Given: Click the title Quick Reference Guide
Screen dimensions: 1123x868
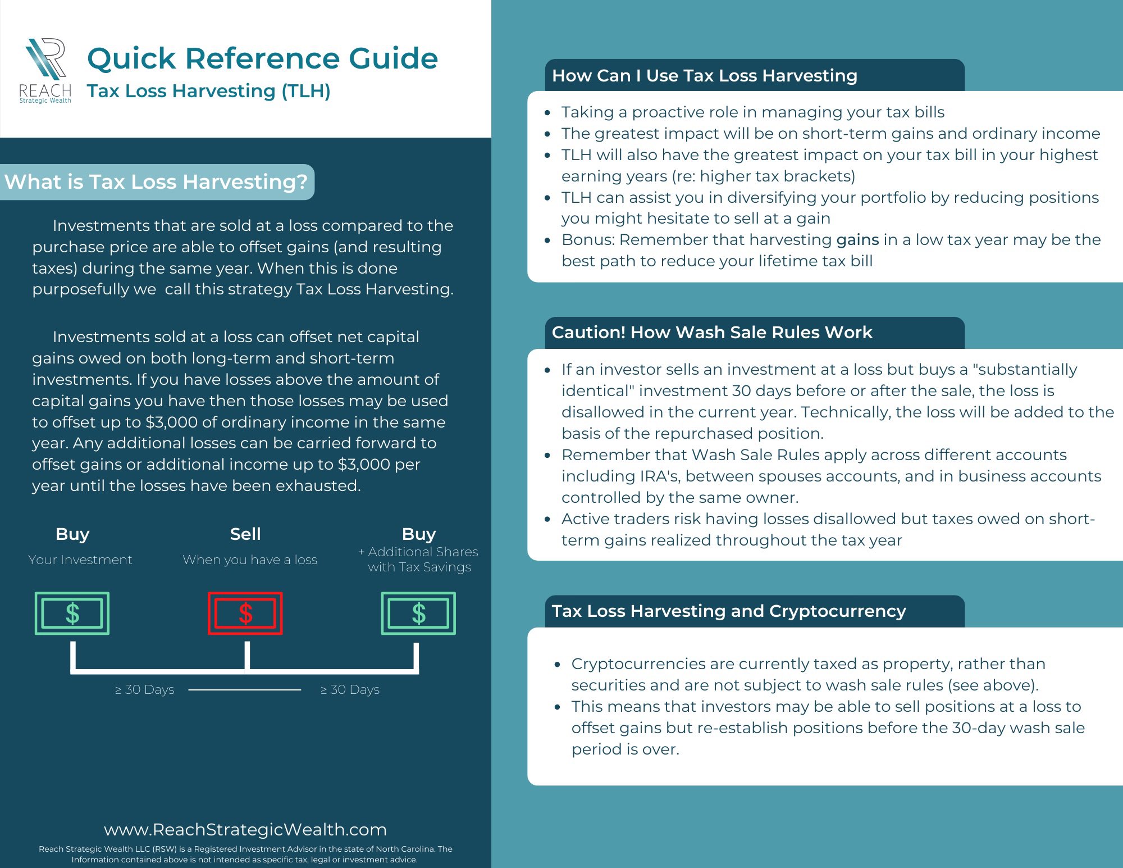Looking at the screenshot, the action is (262, 58).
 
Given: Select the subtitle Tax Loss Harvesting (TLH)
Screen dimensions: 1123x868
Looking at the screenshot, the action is (208, 91).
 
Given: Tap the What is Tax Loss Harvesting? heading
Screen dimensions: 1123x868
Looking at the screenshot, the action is (156, 182).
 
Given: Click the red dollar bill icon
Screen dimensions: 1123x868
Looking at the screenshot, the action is (245, 613).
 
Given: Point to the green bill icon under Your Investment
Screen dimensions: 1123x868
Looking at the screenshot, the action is (72, 613).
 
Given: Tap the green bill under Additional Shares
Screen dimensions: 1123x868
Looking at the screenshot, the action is (418, 613).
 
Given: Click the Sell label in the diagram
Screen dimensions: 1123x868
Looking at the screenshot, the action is (245, 534).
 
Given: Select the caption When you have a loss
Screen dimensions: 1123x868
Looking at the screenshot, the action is (250, 560).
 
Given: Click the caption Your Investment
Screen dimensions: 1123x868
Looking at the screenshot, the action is (80, 560).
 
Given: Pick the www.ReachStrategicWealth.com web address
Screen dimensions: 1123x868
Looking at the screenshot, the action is (245, 829).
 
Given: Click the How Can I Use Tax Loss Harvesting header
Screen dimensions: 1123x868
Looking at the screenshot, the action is (704, 76).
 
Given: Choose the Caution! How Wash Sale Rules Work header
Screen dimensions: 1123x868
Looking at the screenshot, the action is (712, 333).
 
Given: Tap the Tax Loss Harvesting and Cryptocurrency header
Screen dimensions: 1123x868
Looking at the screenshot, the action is (729, 611).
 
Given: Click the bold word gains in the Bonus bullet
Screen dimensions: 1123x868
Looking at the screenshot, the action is (857, 240).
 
